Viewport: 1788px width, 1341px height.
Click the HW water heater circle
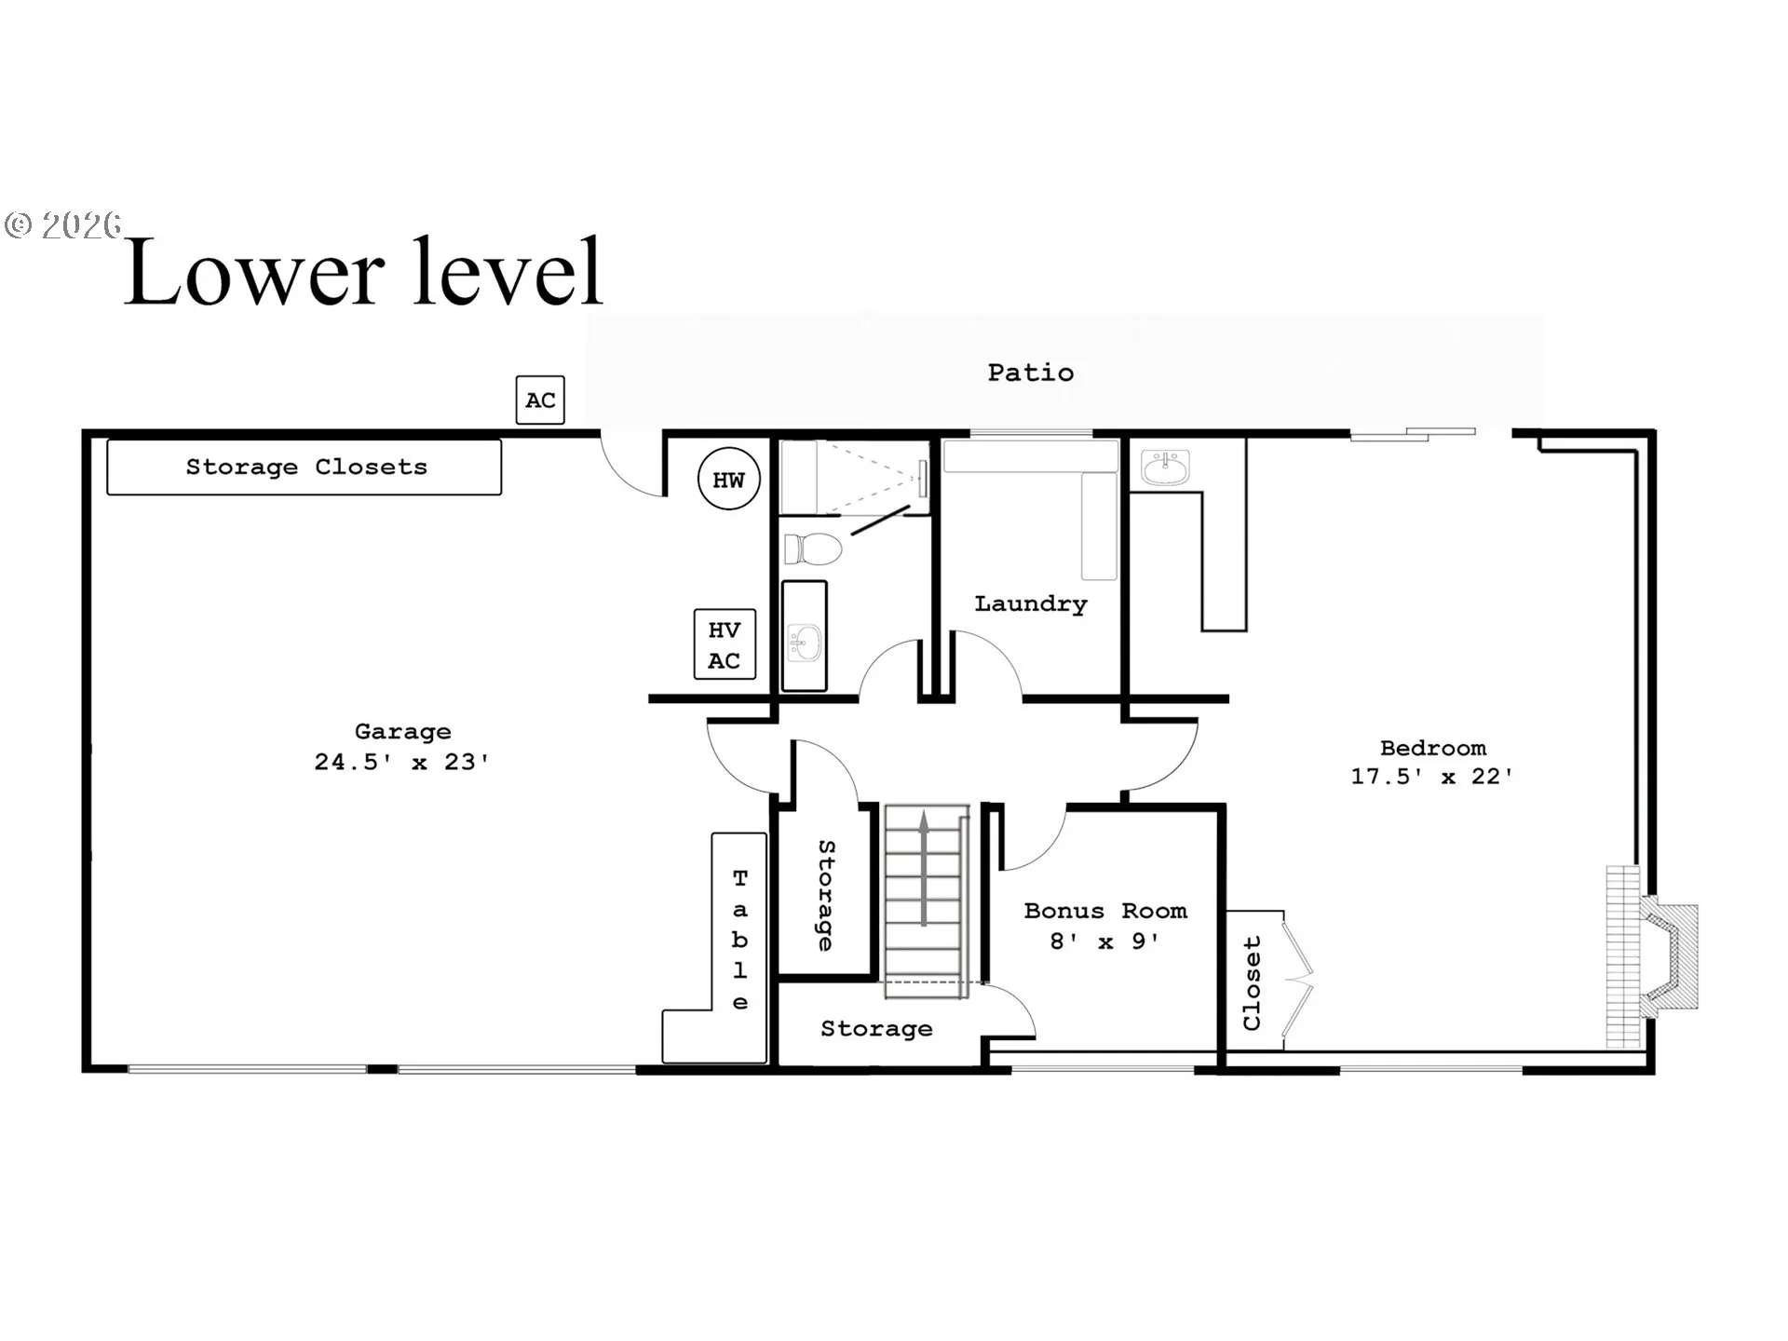729,479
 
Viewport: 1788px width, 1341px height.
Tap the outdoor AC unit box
540,400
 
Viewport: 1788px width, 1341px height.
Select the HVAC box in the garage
725,644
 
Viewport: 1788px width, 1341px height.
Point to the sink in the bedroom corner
1166,468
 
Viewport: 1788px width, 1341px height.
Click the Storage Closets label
306,467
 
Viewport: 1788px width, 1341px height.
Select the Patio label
1031,372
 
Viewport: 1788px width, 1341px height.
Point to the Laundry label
1031,603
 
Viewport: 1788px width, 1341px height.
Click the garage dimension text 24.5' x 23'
401,762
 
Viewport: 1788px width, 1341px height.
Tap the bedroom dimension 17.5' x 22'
1432,776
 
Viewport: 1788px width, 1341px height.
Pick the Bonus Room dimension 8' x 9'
1105,941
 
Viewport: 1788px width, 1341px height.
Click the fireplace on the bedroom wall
1652,956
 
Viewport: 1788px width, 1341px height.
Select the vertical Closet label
1252,983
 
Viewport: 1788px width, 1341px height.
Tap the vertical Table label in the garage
740,940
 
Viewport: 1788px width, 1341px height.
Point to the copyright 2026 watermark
63,225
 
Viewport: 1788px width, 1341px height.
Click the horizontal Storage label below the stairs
876,1029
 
